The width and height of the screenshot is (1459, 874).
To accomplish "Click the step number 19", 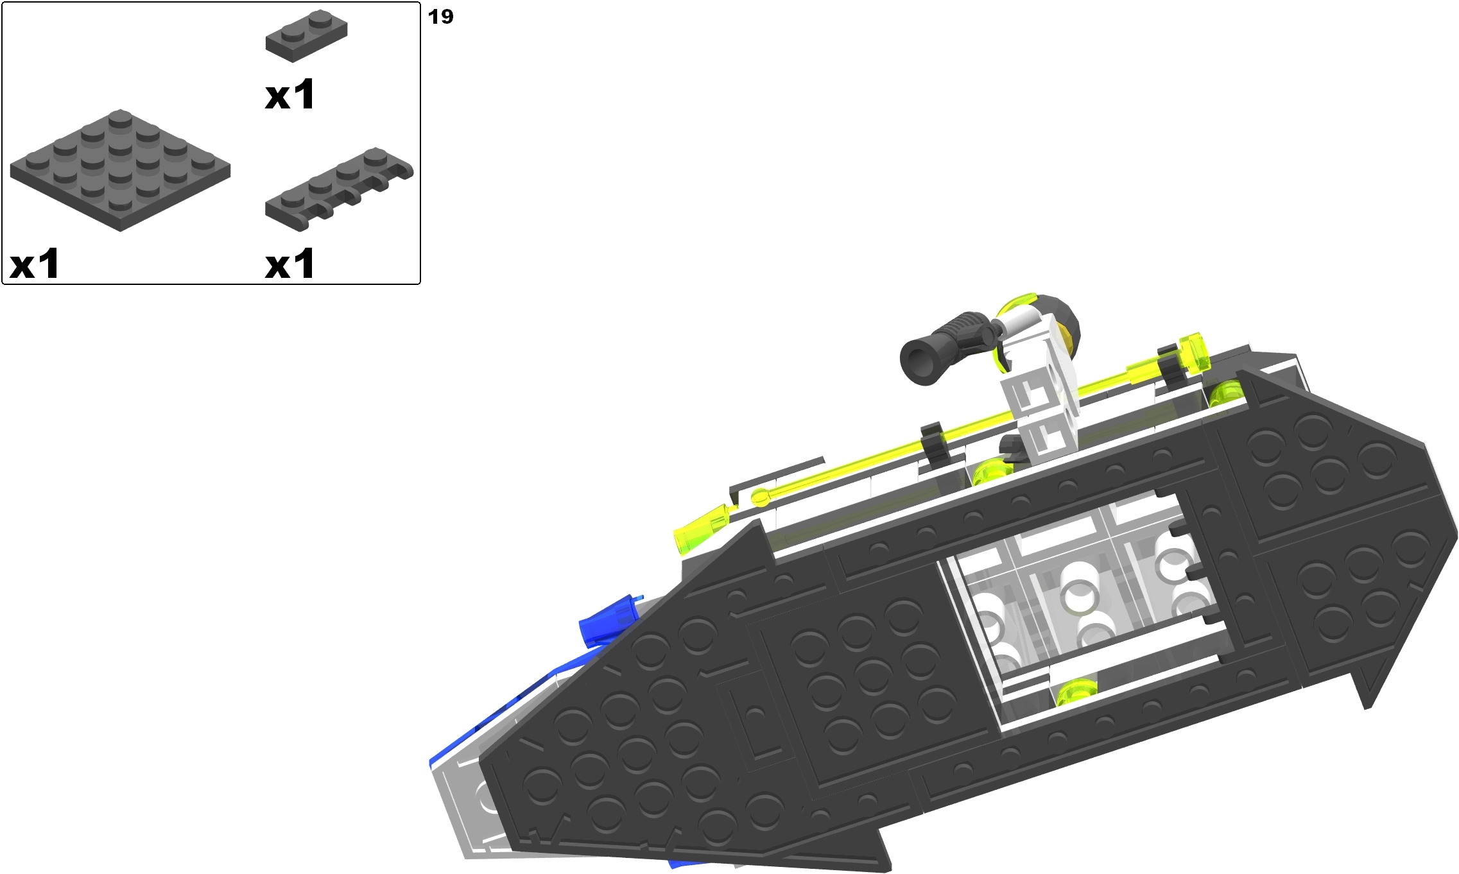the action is coord(440,17).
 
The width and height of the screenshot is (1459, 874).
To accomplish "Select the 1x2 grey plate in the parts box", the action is coord(306,37).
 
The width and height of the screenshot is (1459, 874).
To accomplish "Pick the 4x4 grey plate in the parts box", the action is coord(120,170).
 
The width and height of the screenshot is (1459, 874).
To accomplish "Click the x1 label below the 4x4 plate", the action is coord(34,264).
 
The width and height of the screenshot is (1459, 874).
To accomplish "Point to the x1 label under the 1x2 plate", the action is coord(289,95).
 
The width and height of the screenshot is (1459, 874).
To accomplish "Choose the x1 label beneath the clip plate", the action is coord(289,264).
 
